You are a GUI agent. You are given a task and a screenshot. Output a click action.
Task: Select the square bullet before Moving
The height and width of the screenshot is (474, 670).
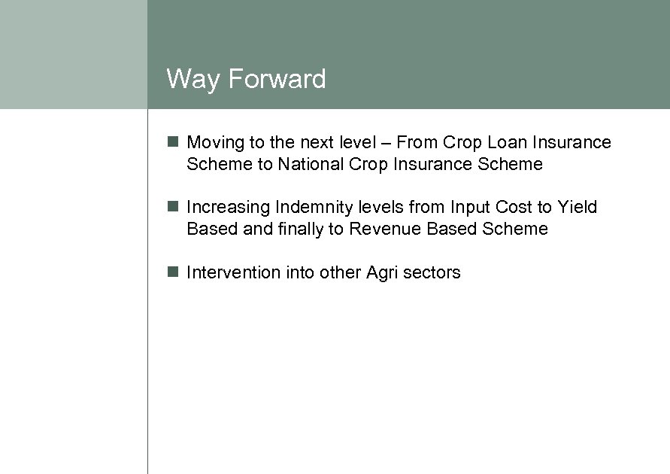point(173,141)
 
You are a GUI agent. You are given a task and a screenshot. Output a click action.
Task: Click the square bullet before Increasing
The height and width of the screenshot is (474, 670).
point(173,206)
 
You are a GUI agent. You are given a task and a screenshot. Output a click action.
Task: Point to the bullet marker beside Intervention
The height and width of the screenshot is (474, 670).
point(173,272)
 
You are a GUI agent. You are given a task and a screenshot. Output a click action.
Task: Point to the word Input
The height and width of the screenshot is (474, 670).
point(471,208)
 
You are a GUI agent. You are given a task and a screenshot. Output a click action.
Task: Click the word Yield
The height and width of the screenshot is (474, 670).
point(577,207)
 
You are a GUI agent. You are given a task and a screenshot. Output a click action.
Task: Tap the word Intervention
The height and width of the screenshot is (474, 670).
point(233,272)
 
